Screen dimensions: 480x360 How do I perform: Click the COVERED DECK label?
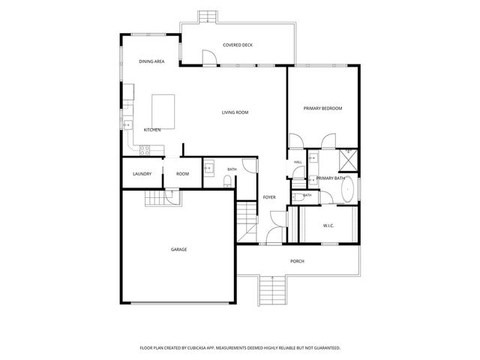[x=238, y=45]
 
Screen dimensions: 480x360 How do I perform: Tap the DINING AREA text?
[x=151, y=61]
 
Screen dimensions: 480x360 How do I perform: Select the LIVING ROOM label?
[x=235, y=112]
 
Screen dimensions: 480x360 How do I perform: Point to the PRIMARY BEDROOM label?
[x=322, y=108]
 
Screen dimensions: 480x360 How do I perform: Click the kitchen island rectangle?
[x=163, y=112]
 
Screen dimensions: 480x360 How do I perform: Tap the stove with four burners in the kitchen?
[x=145, y=150]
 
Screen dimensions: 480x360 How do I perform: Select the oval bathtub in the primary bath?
[x=347, y=189]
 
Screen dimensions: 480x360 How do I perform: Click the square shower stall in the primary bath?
[x=348, y=160]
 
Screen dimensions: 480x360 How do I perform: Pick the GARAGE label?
[x=178, y=250]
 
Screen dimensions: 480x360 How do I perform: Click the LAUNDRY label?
[x=142, y=174]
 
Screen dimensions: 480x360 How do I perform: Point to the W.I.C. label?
[x=328, y=226]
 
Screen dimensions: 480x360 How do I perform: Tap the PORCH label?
[x=297, y=261]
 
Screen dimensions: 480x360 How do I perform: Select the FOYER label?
[x=269, y=197]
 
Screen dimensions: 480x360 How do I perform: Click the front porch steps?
[x=272, y=290]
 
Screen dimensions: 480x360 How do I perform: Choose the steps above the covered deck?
[x=208, y=16]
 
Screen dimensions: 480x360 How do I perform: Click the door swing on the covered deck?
[x=209, y=57]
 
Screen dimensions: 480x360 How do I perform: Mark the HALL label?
[x=298, y=162]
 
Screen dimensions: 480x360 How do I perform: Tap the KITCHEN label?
[x=152, y=130]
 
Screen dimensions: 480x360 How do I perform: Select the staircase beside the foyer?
[x=247, y=221]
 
